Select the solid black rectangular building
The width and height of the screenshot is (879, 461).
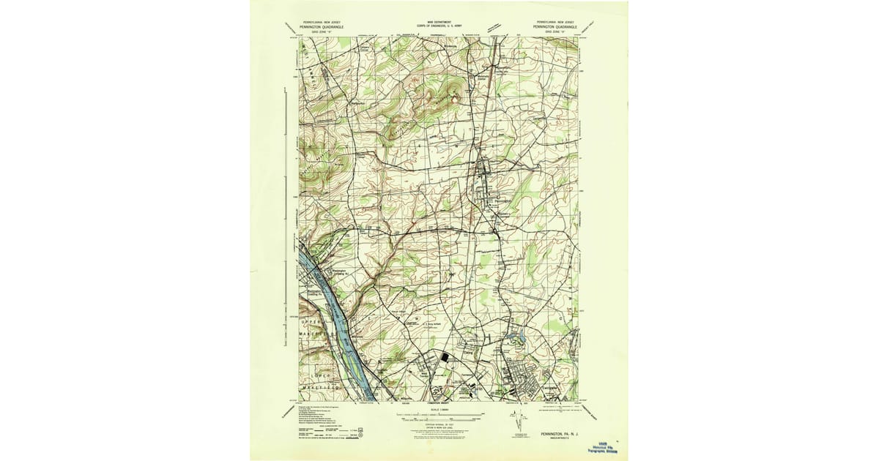point(445,357)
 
